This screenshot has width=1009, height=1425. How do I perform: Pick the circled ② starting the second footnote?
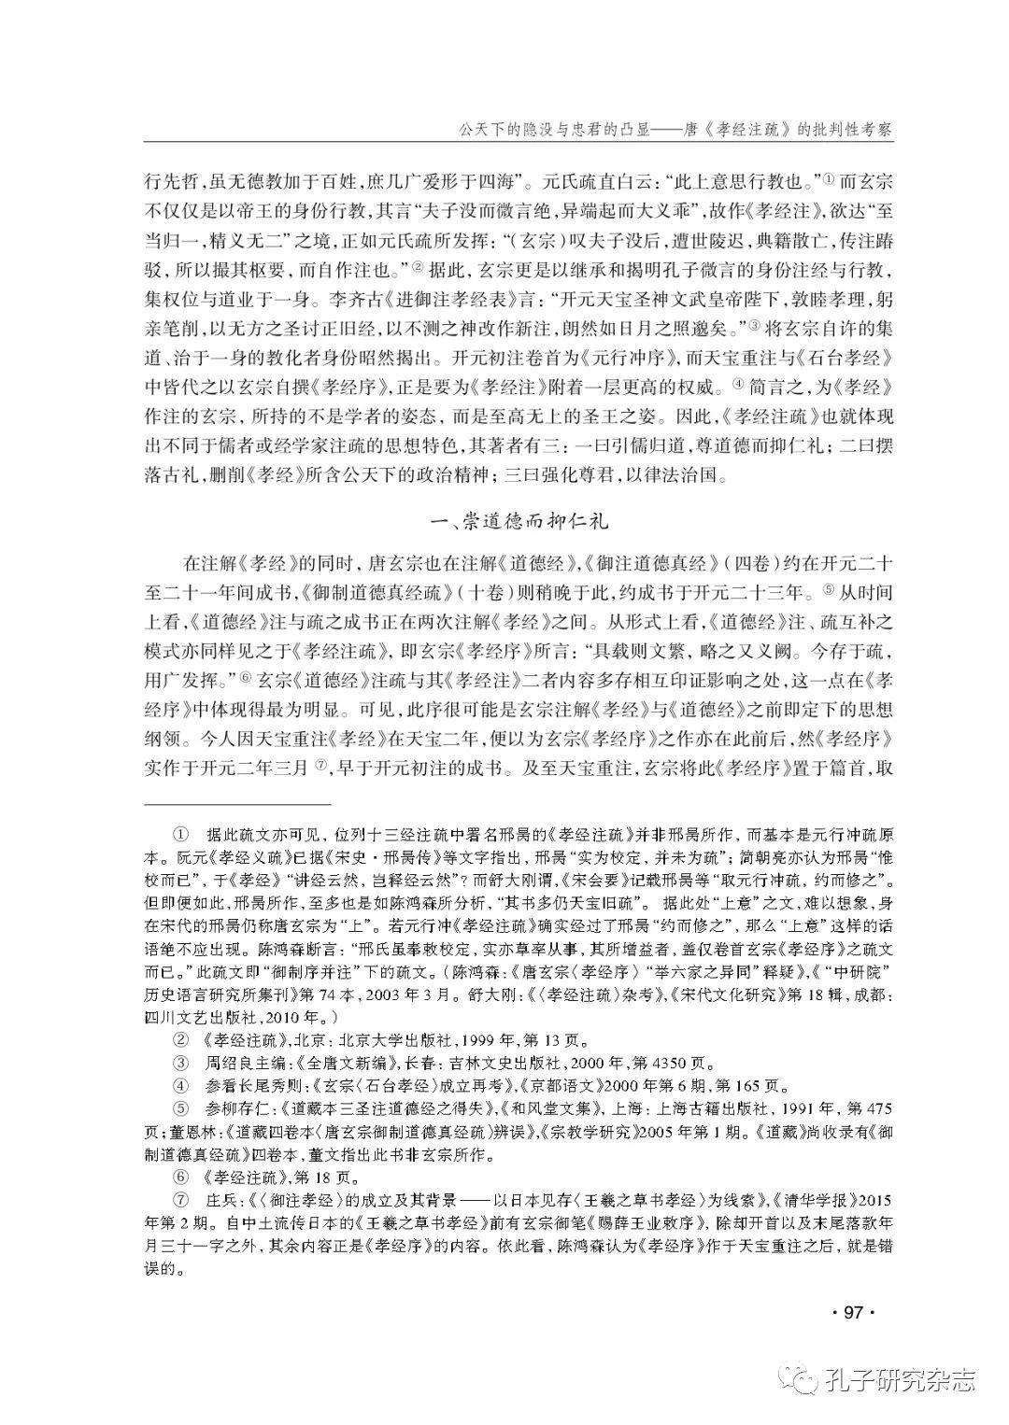181,1038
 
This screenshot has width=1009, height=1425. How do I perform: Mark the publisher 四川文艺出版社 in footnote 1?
206,1014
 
